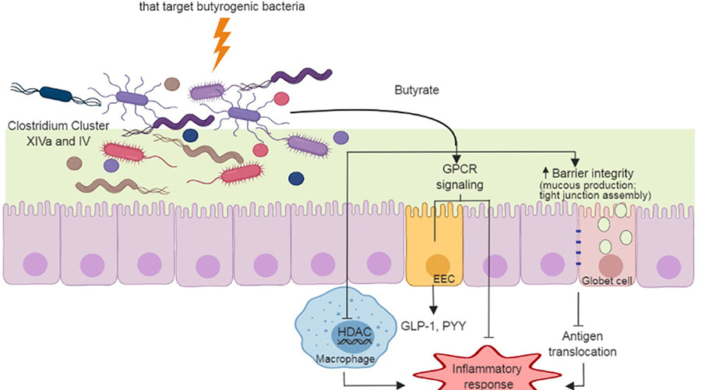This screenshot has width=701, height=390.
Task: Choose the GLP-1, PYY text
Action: click(433, 327)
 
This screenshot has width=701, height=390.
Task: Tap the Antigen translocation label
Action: click(589, 344)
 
